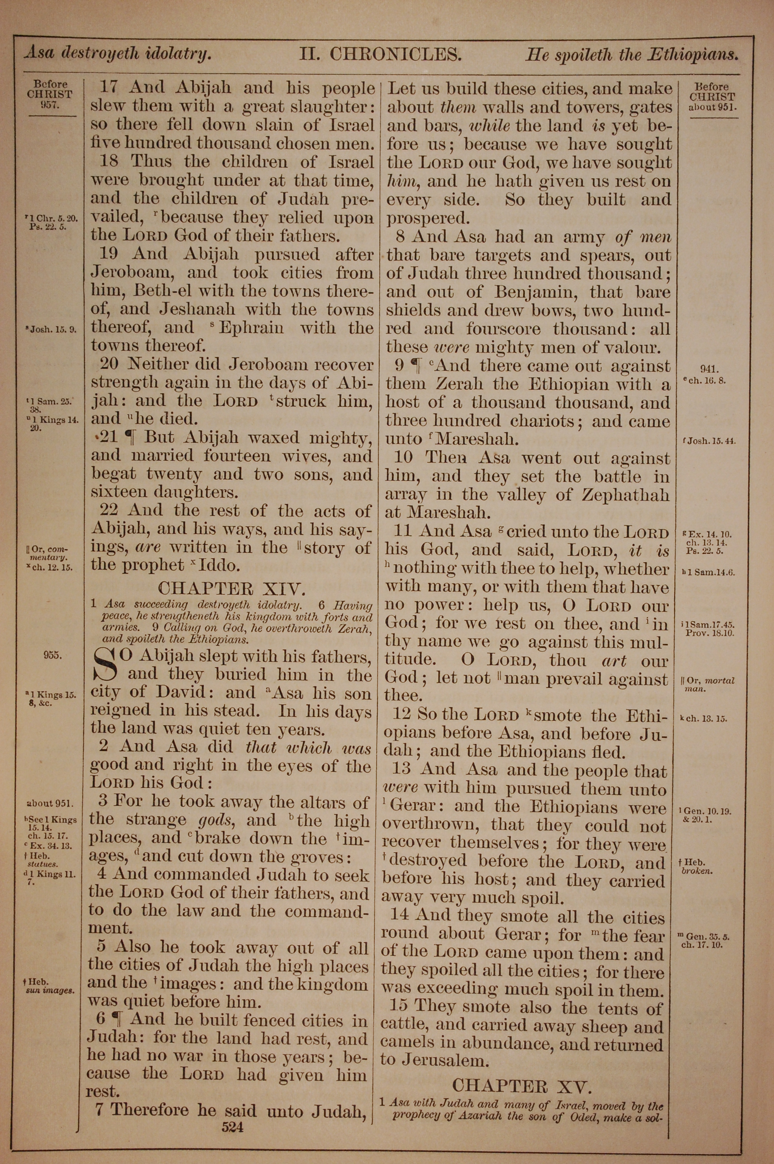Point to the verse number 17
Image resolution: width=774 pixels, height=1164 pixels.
pyautogui.click(x=109, y=88)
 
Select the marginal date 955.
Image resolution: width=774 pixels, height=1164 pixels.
pyautogui.click(x=52, y=656)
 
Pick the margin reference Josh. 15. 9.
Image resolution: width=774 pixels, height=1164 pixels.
pyautogui.click(x=54, y=330)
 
